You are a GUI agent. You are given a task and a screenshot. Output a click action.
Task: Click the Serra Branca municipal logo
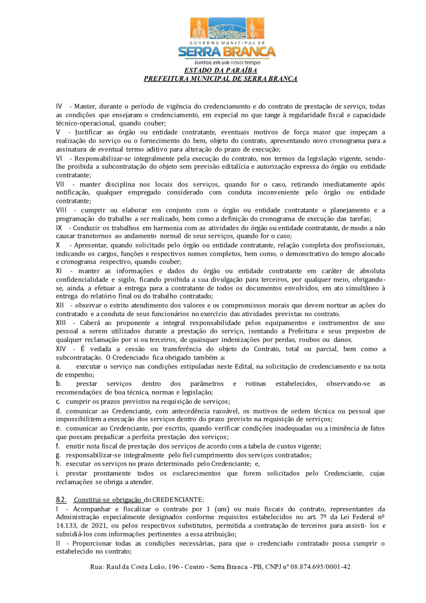tap(227, 37)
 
